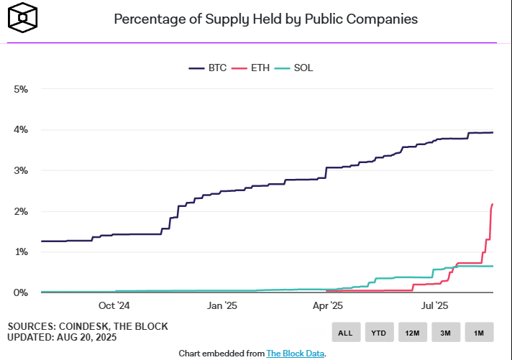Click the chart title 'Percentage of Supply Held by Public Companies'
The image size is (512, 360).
[265, 19]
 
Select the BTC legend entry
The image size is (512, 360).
[208, 68]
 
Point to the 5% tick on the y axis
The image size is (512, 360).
[21, 89]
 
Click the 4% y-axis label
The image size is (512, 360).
[21, 130]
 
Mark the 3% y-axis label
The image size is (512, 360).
[21, 171]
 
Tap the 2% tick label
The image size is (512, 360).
[21, 211]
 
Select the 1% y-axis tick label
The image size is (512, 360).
[21, 252]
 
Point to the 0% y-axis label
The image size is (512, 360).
[21, 292]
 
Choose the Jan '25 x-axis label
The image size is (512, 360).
[221, 306]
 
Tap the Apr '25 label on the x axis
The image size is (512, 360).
[328, 306]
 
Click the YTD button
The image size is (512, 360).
[379, 332]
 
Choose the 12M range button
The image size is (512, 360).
[412, 332]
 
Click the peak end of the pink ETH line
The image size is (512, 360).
[493, 205]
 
